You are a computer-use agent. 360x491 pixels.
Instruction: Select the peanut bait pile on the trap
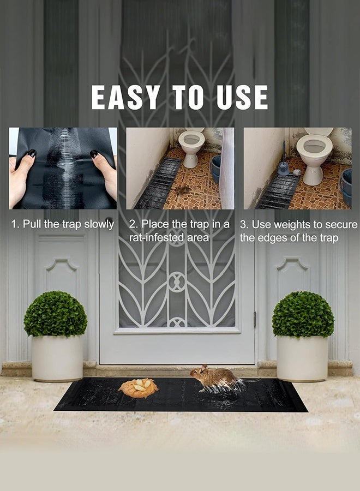(139, 387)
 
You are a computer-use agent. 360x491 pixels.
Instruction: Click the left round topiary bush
(55, 314)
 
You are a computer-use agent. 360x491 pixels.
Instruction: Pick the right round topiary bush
(303, 314)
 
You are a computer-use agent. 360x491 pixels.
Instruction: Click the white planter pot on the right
(302, 358)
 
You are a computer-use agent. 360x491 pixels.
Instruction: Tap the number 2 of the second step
(132, 224)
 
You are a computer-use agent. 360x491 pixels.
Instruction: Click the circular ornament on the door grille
(177, 282)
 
